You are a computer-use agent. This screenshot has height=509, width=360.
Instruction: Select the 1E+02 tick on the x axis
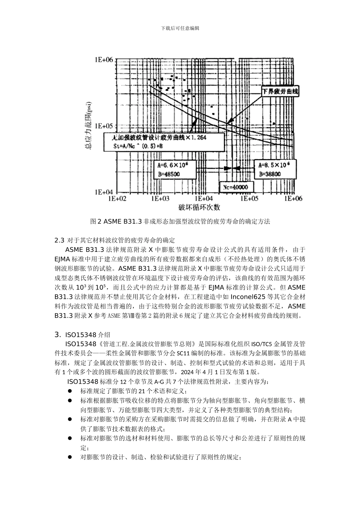[117, 198]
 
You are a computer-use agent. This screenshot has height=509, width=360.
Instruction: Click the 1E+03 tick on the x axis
[160, 198]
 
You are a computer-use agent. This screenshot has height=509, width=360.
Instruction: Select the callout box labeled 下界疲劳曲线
[281, 91]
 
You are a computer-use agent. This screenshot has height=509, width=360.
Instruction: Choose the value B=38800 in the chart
[270, 174]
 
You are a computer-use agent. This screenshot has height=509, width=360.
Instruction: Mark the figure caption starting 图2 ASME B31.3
[180, 221]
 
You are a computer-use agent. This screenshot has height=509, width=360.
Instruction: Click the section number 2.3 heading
[60, 240]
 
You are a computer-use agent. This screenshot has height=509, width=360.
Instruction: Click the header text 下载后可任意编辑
[180, 28]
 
